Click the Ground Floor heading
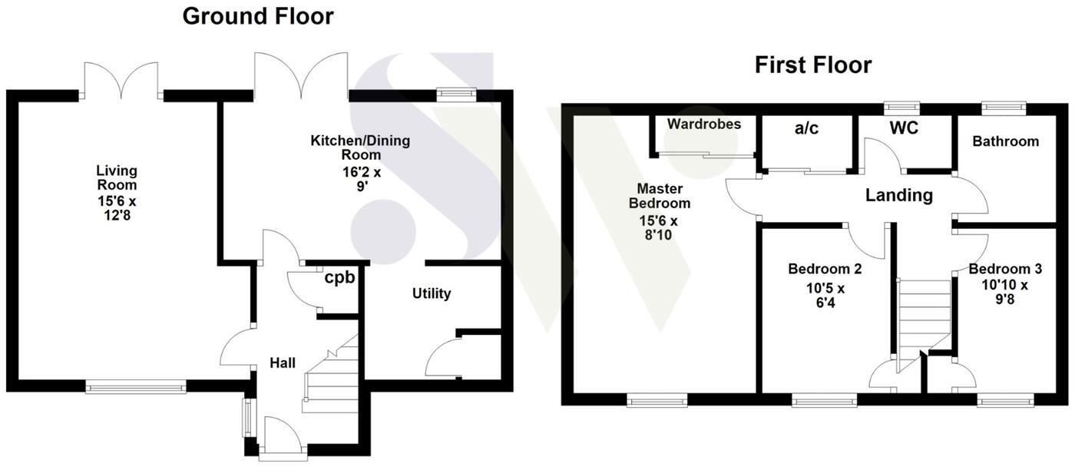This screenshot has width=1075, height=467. coord(258,16)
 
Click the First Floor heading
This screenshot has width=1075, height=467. coord(813,65)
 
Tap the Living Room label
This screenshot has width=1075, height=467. coord(117,177)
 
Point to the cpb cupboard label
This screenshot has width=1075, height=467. coord(339,278)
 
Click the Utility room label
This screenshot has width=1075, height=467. coord(432,293)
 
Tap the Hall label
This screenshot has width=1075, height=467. coord(283,363)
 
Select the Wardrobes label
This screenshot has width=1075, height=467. coord(703,124)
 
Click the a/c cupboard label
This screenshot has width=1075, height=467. coord(806,129)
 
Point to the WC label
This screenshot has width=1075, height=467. coord(904,128)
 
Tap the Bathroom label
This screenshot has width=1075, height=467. coord(1005,141)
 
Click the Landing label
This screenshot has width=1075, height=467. coord(898,195)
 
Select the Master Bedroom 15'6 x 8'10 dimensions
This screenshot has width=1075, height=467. coord(660,228)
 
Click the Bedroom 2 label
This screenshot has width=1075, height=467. coord(825,270)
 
